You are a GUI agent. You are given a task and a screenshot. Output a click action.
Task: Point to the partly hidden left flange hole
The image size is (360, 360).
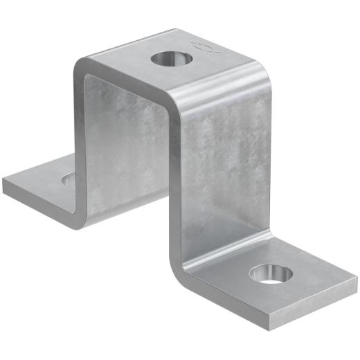pyautogui.click(x=69, y=180)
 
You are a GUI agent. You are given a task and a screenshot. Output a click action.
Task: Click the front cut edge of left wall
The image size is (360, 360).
pyautogui.click(x=78, y=138)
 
